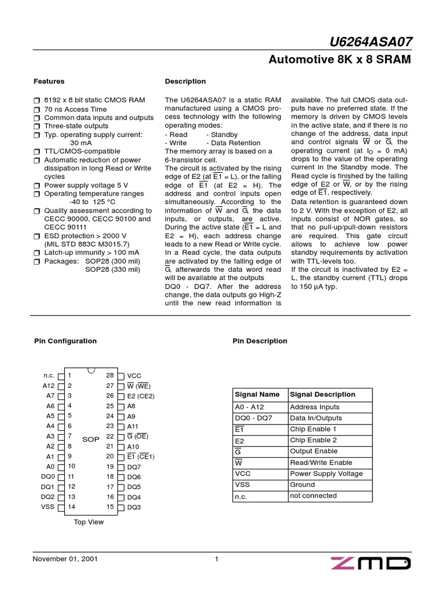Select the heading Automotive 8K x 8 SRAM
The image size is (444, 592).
tap(341, 60)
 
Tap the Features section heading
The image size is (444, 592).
tap(49, 82)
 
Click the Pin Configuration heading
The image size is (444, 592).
tap(65, 341)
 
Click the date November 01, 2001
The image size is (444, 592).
tap(65, 559)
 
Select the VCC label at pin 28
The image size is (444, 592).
tap(134, 376)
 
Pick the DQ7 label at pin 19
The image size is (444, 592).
tap(134, 467)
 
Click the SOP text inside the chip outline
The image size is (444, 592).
tap(91, 440)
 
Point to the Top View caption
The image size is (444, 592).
tap(89, 522)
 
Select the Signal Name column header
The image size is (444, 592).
tap(257, 394)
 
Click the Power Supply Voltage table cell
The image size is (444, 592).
tap(326, 473)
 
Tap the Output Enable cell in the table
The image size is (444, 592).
tap(314, 452)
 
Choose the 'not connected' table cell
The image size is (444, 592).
tap(313, 496)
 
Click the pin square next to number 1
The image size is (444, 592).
tap(61, 376)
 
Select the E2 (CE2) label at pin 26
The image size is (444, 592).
tap(141, 396)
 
